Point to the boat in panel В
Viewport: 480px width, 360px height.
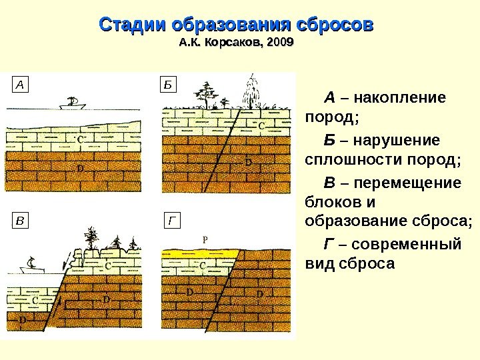click(x=31, y=265)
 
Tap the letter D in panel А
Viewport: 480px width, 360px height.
click(x=80, y=168)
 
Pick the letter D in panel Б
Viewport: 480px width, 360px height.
click(x=249, y=161)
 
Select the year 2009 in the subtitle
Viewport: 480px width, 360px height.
click(x=280, y=43)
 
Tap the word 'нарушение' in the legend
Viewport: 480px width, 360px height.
click(x=397, y=141)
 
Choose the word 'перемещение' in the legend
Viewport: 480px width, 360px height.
click(x=407, y=183)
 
